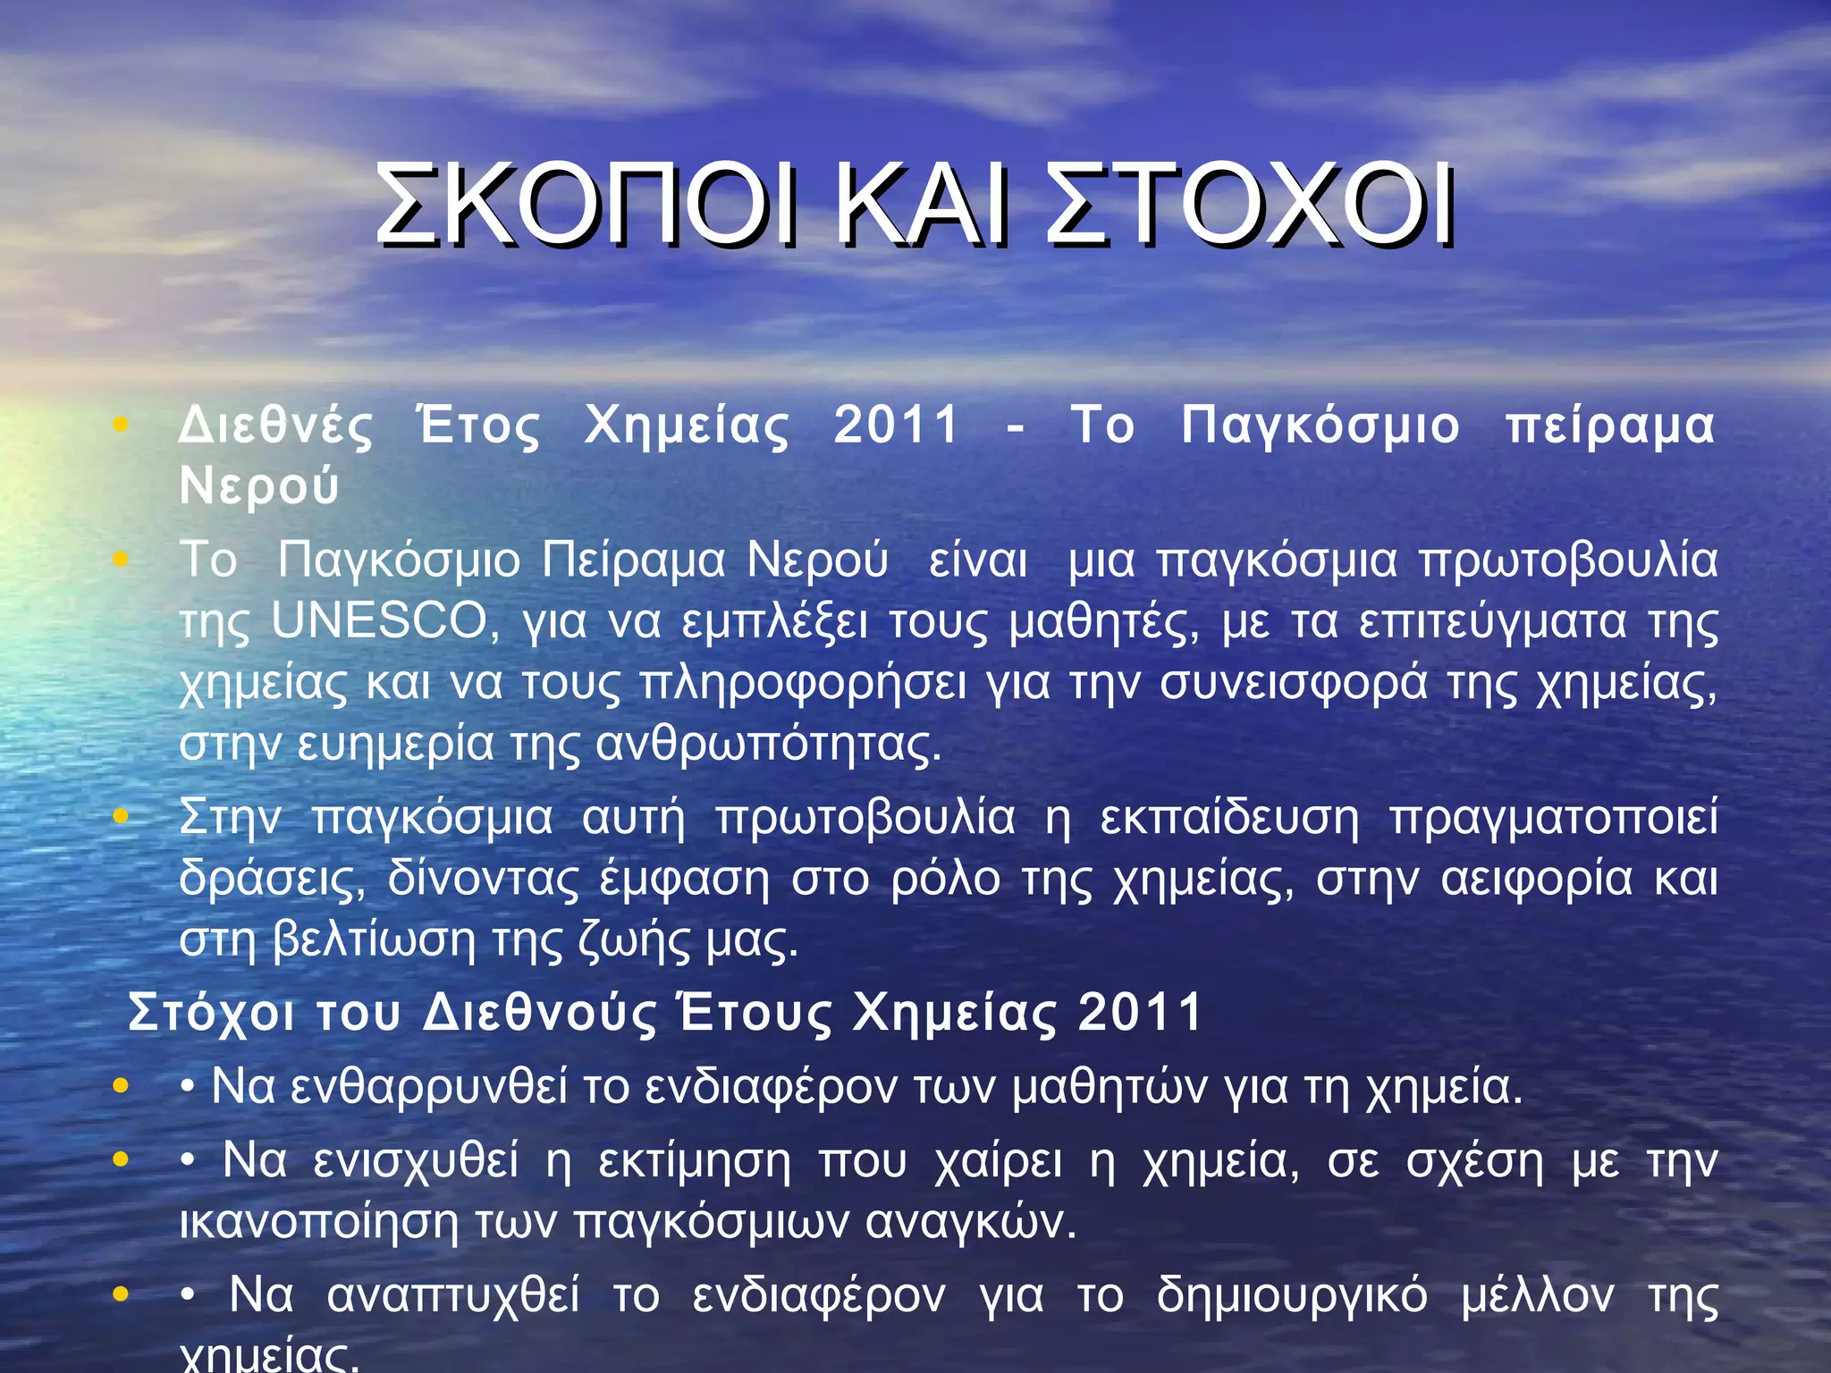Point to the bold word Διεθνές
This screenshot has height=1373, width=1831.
[x=275, y=425]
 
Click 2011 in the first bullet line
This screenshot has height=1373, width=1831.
[x=897, y=425]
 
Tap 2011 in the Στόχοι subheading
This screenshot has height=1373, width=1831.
[x=1141, y=1013]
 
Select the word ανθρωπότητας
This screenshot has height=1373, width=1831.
[x=768, y=744]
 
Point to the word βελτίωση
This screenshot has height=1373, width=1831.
[x=374, y=939]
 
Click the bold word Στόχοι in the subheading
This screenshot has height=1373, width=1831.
[x=211, y=1013]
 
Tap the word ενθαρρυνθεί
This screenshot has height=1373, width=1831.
[x=429, y=1087]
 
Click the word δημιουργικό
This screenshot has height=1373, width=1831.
[x=1292, y=1296]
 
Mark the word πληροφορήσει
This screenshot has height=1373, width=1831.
[x=803, y=684]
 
